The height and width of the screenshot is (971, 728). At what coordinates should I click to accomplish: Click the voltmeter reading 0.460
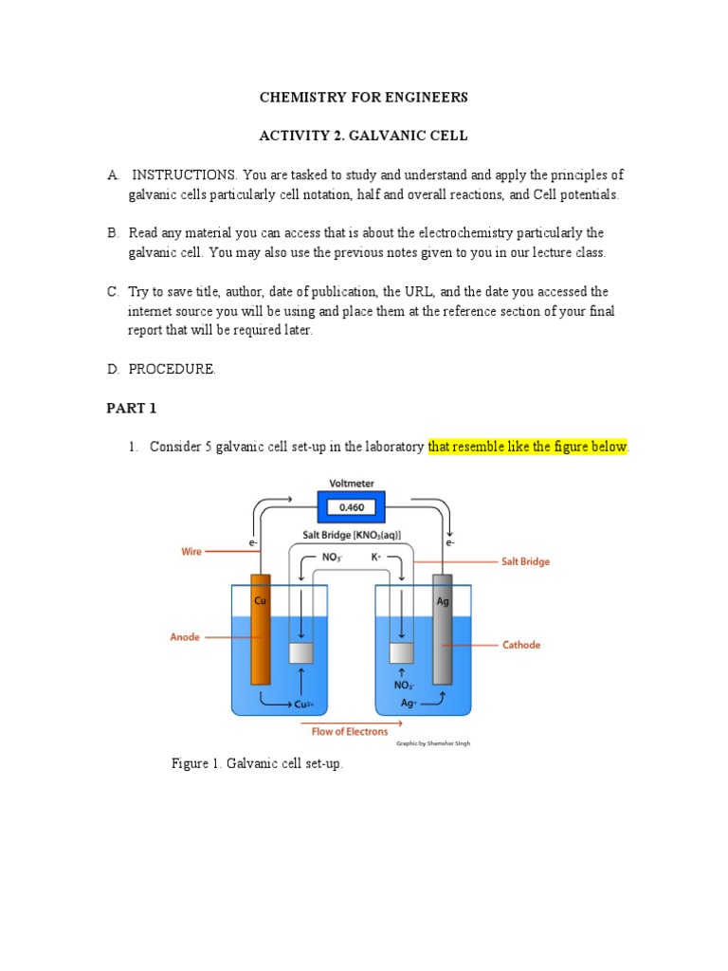coord(352,507)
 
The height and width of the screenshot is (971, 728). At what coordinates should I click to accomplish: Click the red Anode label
coord(185,637)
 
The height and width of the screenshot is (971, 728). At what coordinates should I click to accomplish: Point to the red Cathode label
coord(521,645)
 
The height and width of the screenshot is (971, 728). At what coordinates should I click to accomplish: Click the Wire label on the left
coord(191,551)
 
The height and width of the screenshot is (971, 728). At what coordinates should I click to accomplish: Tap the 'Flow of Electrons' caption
coord(350,731)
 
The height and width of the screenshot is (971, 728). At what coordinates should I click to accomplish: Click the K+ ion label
coord(377,557)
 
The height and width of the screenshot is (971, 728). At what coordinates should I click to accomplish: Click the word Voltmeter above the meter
coord(352,484)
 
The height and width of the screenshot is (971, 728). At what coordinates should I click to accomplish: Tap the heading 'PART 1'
coord(130,409)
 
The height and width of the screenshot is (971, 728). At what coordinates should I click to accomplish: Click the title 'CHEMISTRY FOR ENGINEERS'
coord(364,98)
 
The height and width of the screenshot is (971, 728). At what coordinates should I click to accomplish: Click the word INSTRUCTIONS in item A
coord(184,175)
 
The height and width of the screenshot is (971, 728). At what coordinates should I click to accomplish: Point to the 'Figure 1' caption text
coord(257,763)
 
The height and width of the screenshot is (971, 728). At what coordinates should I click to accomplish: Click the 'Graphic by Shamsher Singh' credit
coord(433,743)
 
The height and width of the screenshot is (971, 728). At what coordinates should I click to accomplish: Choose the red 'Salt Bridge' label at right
coord(525,561)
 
